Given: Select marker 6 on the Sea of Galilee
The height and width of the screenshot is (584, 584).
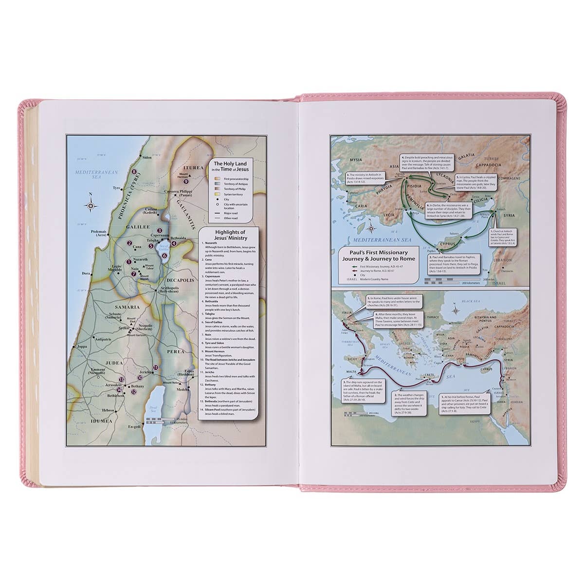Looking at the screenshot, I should [x=164, y=255].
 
